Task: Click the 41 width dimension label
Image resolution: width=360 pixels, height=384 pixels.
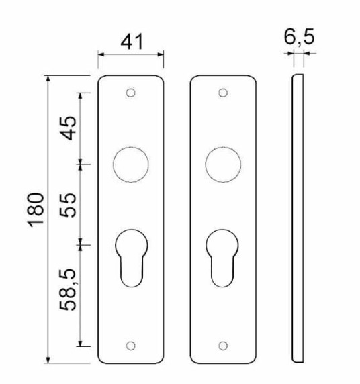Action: coord(131,42)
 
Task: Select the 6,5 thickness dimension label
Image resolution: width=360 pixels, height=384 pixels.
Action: coord(299,38)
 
